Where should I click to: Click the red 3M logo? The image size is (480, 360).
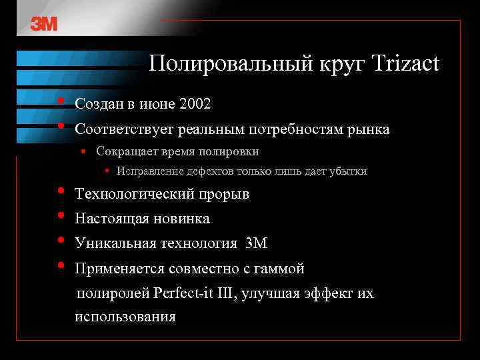pyautogui.click(x=44, y=24)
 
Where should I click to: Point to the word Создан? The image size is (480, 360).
pyautogui.click(x=99, y=104)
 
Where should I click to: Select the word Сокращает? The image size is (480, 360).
pyautogui.click(x=123, y=151)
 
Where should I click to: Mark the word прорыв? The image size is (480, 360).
pyautogui.click(x=227, y=195)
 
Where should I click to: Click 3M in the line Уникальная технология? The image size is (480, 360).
pyautogui.click(x=256, y=244)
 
